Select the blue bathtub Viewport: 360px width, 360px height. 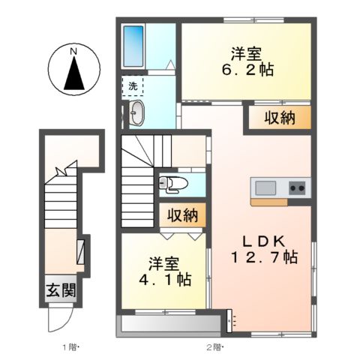134,47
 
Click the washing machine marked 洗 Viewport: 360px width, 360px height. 133,86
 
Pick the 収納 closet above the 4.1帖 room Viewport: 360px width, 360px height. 181,216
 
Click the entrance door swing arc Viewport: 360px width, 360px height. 58,321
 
